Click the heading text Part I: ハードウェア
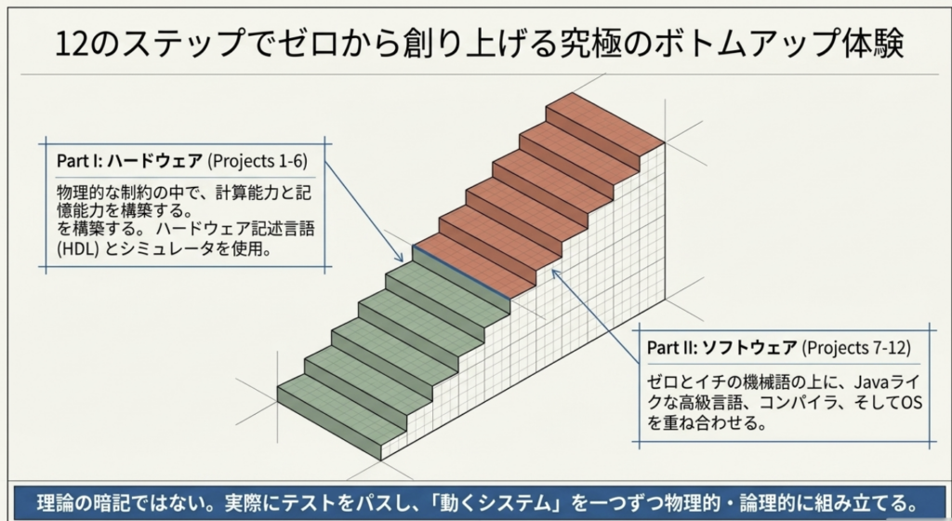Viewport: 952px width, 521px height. [x=129, y=161]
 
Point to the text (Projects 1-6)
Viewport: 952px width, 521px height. [x=258, y=161]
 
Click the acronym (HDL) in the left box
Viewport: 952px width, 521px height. [x=78, y=248]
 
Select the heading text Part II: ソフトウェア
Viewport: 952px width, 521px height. [x=721, y=347]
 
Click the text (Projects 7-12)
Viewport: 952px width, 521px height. [x=856, y=347]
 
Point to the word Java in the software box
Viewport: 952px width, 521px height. [x=871, y=382]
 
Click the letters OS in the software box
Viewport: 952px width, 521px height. [x=911, y=403]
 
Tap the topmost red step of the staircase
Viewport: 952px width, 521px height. [x=604, y=118]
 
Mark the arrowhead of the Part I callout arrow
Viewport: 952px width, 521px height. [x=400, y=258]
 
